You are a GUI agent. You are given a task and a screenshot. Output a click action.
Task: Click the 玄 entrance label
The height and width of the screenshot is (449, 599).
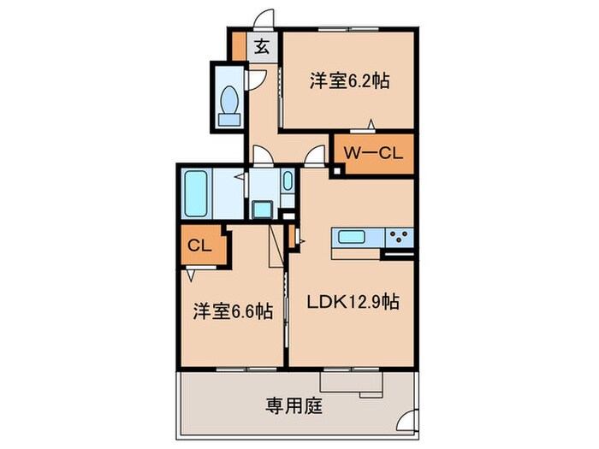point(262,47)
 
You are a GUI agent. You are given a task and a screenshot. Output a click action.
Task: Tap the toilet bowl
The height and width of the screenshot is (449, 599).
point(229,99)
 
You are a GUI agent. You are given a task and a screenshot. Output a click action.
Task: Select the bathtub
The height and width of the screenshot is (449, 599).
point(196,193)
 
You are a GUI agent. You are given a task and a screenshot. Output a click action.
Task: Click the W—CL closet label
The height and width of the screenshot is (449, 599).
point(373,153)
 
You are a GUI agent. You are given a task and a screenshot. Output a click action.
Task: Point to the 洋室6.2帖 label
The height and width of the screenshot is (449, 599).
point(349,80)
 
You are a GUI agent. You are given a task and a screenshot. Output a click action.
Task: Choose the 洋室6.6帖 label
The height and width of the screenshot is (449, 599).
point(233,311)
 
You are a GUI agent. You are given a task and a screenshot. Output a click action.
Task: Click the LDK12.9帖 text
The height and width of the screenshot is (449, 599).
point(353,302)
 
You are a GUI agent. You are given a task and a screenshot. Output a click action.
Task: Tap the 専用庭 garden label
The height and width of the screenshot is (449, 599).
point(294,406)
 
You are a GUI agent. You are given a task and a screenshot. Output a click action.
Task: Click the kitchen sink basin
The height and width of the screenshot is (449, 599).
point(352,237)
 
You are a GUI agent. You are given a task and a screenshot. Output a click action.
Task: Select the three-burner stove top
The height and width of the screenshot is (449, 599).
point(400,238)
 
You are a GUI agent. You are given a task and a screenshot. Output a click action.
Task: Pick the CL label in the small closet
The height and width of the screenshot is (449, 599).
point(199,245)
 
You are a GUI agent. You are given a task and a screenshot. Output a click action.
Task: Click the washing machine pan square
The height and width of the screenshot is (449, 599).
point(262,210)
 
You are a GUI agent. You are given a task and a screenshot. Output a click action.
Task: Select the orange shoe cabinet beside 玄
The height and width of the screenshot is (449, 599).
point(239,46)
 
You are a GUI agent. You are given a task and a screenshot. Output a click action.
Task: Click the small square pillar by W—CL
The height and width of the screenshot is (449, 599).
point(336,171)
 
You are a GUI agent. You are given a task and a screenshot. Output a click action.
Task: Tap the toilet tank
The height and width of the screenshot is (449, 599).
point(229,120)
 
